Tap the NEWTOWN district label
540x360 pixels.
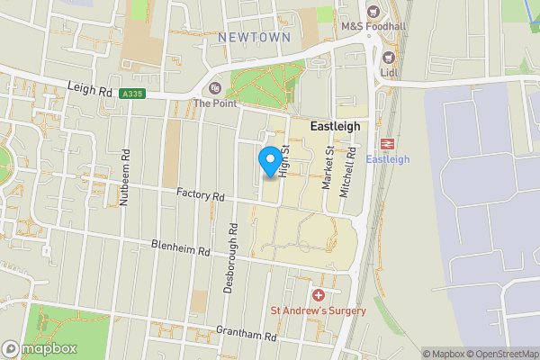click(x=255, y=38)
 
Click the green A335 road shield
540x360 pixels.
click(x=133, y=93)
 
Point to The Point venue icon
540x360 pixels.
click(x=214, y=88)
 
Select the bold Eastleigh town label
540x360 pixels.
click(x=335, y=127)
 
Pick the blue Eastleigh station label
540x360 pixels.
click(x=389, y=160)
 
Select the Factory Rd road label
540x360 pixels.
click(x=200, y=194)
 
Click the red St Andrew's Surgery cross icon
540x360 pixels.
click(x=318, y=295)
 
